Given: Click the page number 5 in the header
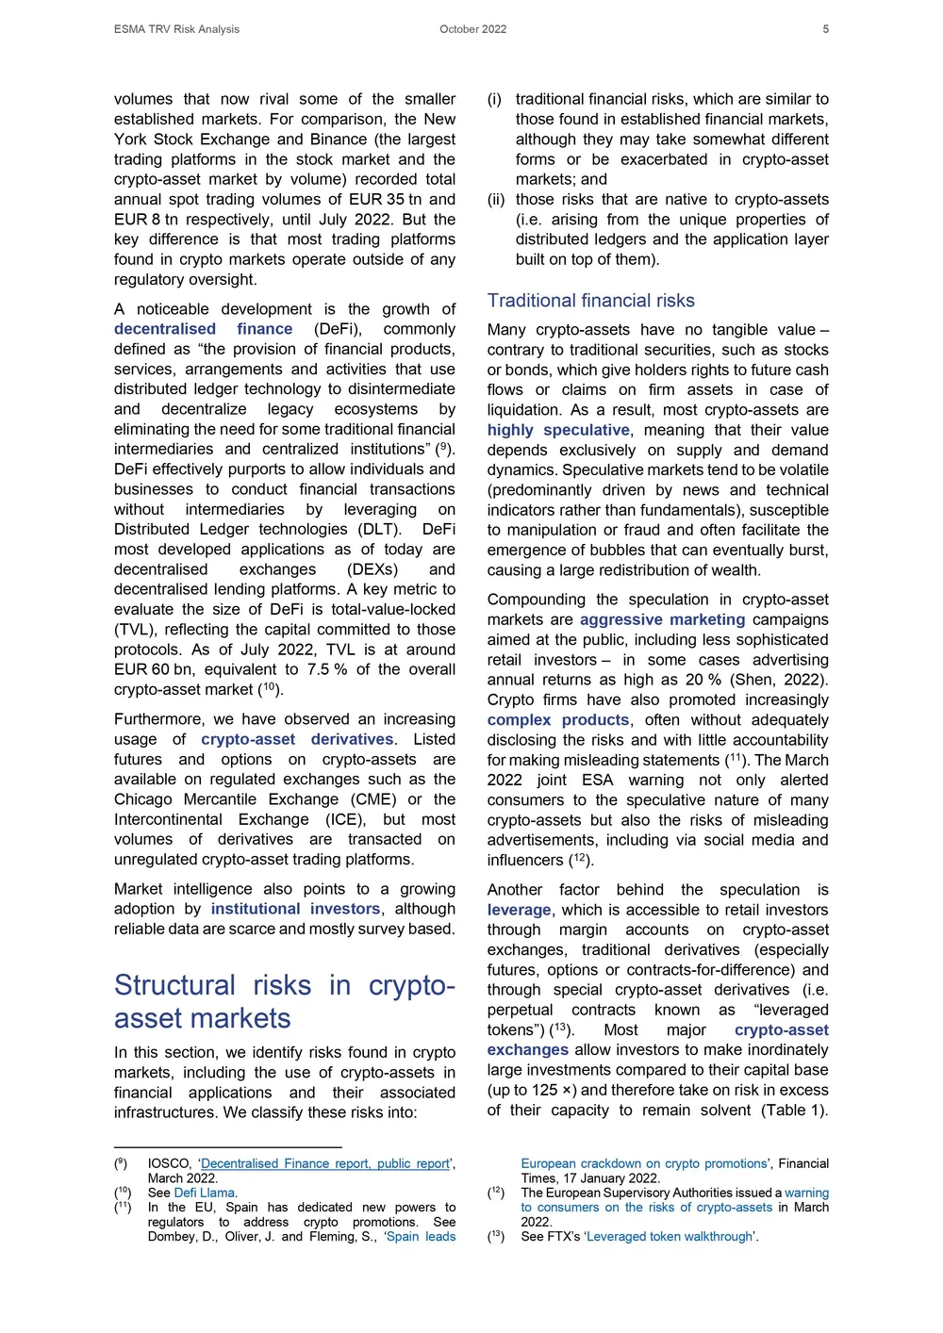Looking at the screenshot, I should (x=825, y=29).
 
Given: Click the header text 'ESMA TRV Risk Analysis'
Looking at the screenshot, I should (x=176, y=29).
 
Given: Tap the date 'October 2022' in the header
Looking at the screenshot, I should (x=472, y=29).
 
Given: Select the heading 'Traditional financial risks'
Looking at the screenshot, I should (x=590, y=301).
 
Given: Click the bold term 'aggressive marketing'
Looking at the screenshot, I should (x=662, y=619).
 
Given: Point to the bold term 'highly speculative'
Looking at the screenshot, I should (x=558, y=430).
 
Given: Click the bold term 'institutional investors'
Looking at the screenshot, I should (x=295, y=909).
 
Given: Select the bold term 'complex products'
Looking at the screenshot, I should (x=557, y=719).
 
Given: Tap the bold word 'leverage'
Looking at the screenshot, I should (x=519, y=910).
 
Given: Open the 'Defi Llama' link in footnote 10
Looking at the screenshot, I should (x=204, y=1193).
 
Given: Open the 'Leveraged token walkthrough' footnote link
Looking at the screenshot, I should (x=670, y=1236).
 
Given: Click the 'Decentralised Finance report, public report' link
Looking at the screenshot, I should (x=325, y=1163).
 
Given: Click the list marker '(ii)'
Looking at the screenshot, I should (x=496, y=200).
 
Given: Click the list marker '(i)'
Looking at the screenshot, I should (x=494, y=99).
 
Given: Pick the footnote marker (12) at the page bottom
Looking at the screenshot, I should (x=496, y=1193).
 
